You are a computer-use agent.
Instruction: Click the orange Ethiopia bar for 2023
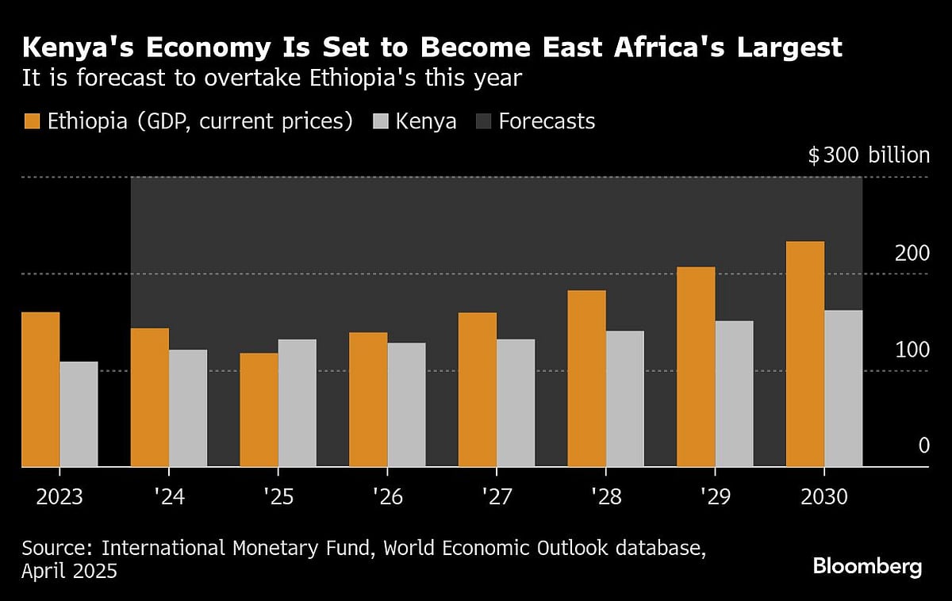(x=40, y=389)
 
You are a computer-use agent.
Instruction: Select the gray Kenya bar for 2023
(x=79, y=415)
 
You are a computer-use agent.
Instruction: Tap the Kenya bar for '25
(x=297, y=403)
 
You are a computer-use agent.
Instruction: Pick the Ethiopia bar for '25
(x=259, y=410)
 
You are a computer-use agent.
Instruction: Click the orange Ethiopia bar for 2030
(x=804, y=354)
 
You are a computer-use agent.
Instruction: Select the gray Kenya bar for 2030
(x=843, y=389)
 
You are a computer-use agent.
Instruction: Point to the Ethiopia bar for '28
(x=586, y=379)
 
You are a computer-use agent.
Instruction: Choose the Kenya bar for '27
(x=516, y=403)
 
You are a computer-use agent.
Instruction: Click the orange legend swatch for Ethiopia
(x=32, y=121)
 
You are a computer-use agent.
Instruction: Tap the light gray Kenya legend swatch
(x=382, y=121)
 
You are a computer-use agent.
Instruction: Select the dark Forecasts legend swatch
(x=483, y=121)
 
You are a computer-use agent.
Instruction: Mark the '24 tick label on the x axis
(x=168, y=497)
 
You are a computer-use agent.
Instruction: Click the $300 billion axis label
(x=868, y=155)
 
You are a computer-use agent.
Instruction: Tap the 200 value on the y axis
(x=912, y=254)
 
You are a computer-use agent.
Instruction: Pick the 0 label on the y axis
(x=923, y=446)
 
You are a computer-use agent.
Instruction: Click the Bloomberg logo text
(x=867, y=567)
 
